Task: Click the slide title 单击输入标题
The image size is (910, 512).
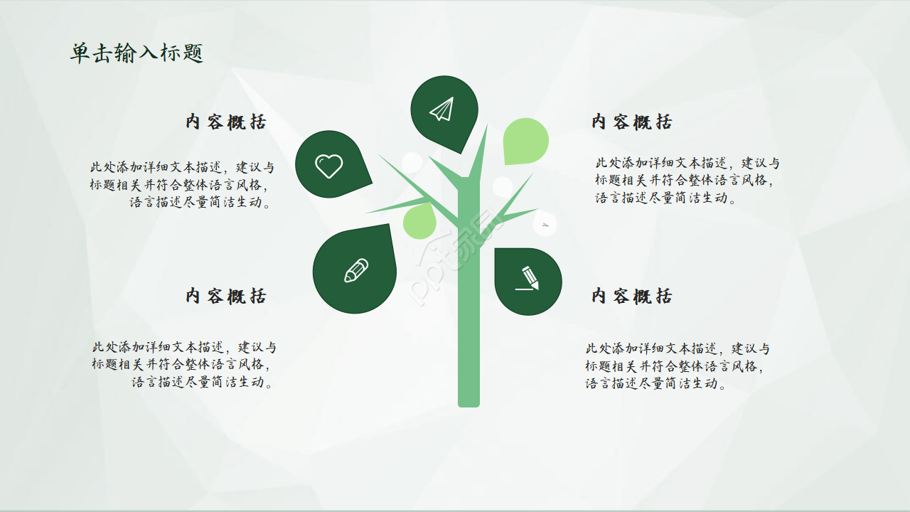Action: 136,53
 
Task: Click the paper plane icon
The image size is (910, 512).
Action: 441,110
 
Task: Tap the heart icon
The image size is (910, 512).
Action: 328,166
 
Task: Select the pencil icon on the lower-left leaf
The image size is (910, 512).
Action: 356,270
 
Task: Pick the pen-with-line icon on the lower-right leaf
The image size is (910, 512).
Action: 528,278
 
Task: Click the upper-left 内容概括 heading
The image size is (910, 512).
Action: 226,122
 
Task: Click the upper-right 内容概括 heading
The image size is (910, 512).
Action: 632,122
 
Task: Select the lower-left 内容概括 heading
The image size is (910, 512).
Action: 226,296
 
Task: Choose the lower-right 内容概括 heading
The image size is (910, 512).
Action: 632,296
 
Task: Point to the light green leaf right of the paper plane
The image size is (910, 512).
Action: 526,140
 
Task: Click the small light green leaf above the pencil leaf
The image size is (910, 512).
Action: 419,221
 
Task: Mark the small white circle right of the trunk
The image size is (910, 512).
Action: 503,187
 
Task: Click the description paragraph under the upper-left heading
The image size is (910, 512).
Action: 182,185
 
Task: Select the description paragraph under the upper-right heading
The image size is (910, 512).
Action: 687,181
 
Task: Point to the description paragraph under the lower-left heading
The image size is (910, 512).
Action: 183,365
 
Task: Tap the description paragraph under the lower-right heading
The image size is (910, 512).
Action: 677,366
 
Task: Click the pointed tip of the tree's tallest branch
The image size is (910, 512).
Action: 487,127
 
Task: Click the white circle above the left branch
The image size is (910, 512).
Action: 412,162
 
